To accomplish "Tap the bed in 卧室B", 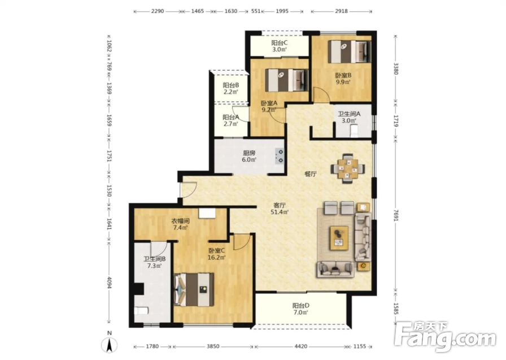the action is tap(350, 51).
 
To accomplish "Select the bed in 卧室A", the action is tap(286, 80).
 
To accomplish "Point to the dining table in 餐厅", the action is tap(347, 168).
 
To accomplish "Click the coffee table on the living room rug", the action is tap(339, 238).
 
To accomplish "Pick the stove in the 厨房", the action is tap(280, 156).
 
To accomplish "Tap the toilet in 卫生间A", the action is tap(354, 131).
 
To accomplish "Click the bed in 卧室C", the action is tap(194, 289).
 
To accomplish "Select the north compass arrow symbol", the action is tap(110, 346).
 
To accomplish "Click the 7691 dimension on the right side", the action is tap(396, 215).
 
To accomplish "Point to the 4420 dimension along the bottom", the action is tap(301, 346).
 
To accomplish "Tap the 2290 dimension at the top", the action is tap(158, 11).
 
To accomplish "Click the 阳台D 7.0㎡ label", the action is tap(301, 309).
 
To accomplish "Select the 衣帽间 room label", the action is tap(180, 221).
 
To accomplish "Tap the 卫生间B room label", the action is tap(155, 259).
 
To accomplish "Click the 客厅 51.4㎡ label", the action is tap(280, 209).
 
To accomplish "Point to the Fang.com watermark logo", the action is tap(446, 336).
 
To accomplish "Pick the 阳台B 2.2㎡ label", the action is tap(231, 89).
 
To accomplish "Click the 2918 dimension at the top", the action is tap(342, 11).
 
